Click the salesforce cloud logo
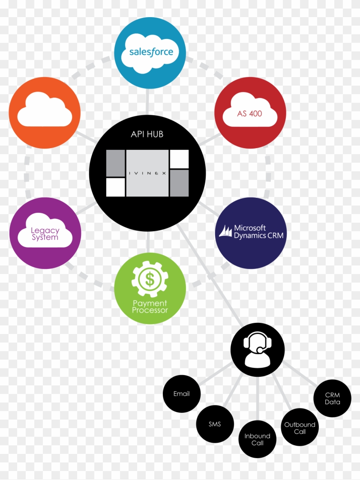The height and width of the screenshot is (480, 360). [x=151, y=52]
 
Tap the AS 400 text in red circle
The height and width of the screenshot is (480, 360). [x=250, y=114]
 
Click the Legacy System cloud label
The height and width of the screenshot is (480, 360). [x=45, y=234]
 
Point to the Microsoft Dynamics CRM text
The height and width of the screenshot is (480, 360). [x=258, y=232]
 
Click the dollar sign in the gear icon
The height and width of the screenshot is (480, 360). [x=150, y=280]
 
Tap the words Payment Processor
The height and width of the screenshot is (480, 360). [x=150, y=307]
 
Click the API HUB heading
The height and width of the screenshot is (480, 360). [x=147, y=134]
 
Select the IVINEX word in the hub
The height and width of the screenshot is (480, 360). [x=147, y=173]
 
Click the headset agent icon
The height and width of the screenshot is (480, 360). [x=258, y=349]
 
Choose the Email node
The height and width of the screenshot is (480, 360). [x=182, y=394]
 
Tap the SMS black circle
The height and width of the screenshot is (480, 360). [x=215, y=424]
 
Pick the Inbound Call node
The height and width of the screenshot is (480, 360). [x=257, y=439]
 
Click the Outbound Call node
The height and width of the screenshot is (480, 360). [x=300, y=428]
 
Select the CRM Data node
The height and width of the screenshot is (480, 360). [x=333, y=398]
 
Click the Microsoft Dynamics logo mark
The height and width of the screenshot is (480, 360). [x=225, y=232]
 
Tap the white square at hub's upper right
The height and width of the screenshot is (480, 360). [x=179, y=159]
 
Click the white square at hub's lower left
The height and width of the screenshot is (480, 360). [x=115, y=187]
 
